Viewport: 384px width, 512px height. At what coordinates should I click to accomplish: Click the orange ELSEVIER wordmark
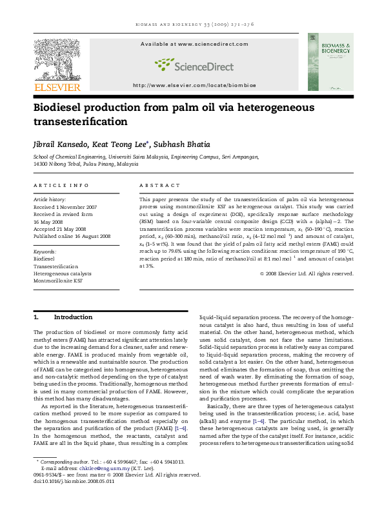click(x=57, y=87)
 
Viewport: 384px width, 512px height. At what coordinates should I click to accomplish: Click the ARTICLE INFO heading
click(x=61, y=185)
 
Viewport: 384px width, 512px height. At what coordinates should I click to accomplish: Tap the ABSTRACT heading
click(x=156, y=185)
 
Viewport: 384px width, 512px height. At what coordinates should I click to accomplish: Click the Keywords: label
click(x=45, y=251)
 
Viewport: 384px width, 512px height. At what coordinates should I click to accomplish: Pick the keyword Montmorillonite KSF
click(x=57, y=281)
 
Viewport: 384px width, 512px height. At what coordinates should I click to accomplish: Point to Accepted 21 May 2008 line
click(x=61, y=229)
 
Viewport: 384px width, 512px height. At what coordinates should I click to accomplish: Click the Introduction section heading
click(x=73, y=317)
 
